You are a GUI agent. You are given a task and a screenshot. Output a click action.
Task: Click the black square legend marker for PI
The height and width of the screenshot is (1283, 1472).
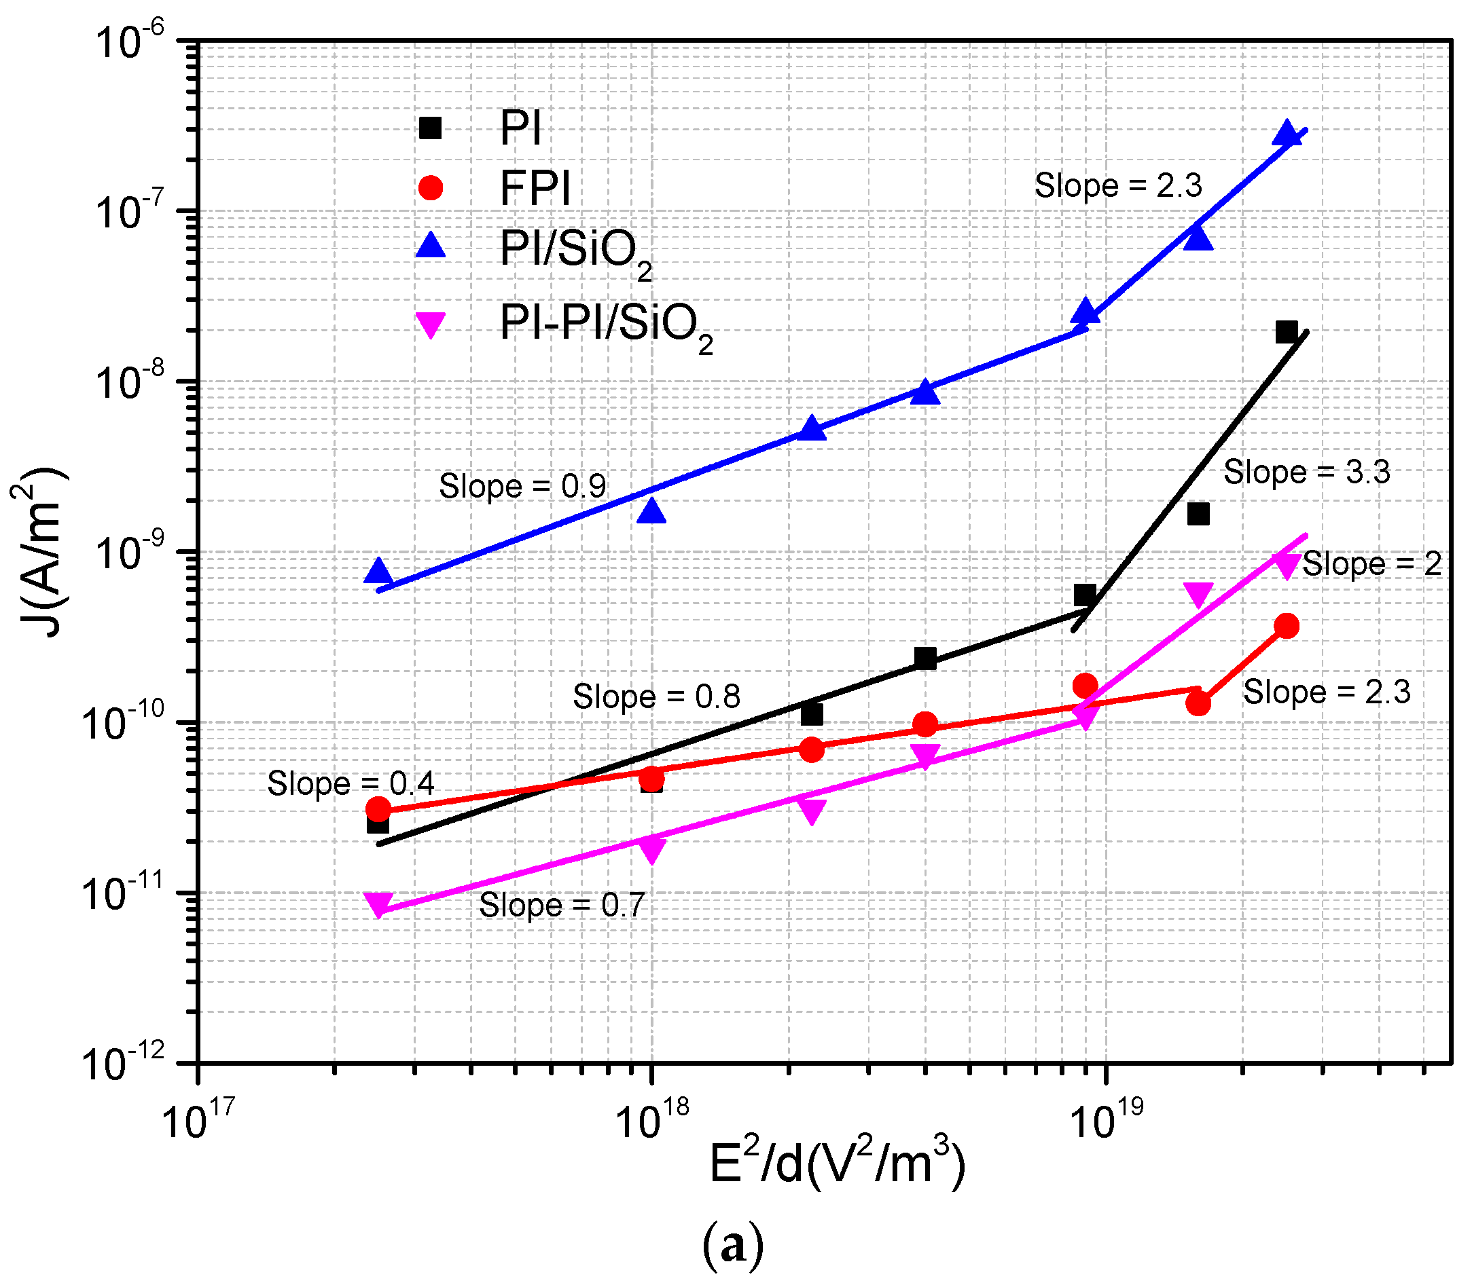[x=430, y=128]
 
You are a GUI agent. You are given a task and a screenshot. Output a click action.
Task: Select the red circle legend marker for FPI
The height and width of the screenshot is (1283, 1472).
[x=430, y=187]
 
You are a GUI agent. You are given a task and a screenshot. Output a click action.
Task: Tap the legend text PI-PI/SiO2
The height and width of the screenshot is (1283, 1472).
[x=605, y=324]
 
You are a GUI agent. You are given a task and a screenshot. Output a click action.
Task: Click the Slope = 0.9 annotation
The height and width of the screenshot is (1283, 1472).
[x=522, y=487]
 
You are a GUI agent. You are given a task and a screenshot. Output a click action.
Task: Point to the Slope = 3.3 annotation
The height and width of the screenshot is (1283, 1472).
[x=1306, y=472]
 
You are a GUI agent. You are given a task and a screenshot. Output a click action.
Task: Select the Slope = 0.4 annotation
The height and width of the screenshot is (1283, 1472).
[x=351, y=783]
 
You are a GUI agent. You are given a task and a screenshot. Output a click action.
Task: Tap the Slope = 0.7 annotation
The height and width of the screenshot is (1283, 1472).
[x=562, y=905]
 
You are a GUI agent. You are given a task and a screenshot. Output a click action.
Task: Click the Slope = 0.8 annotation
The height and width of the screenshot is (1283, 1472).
[x=656, y=696]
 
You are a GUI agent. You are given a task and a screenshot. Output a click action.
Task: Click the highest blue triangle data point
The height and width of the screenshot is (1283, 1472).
[x=1287, y=134]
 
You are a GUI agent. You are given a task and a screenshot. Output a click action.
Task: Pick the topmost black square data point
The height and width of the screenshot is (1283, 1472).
[x=1287, y=331]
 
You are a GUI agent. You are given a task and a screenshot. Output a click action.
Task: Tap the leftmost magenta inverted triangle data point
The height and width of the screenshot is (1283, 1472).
[x=378, y=904]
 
